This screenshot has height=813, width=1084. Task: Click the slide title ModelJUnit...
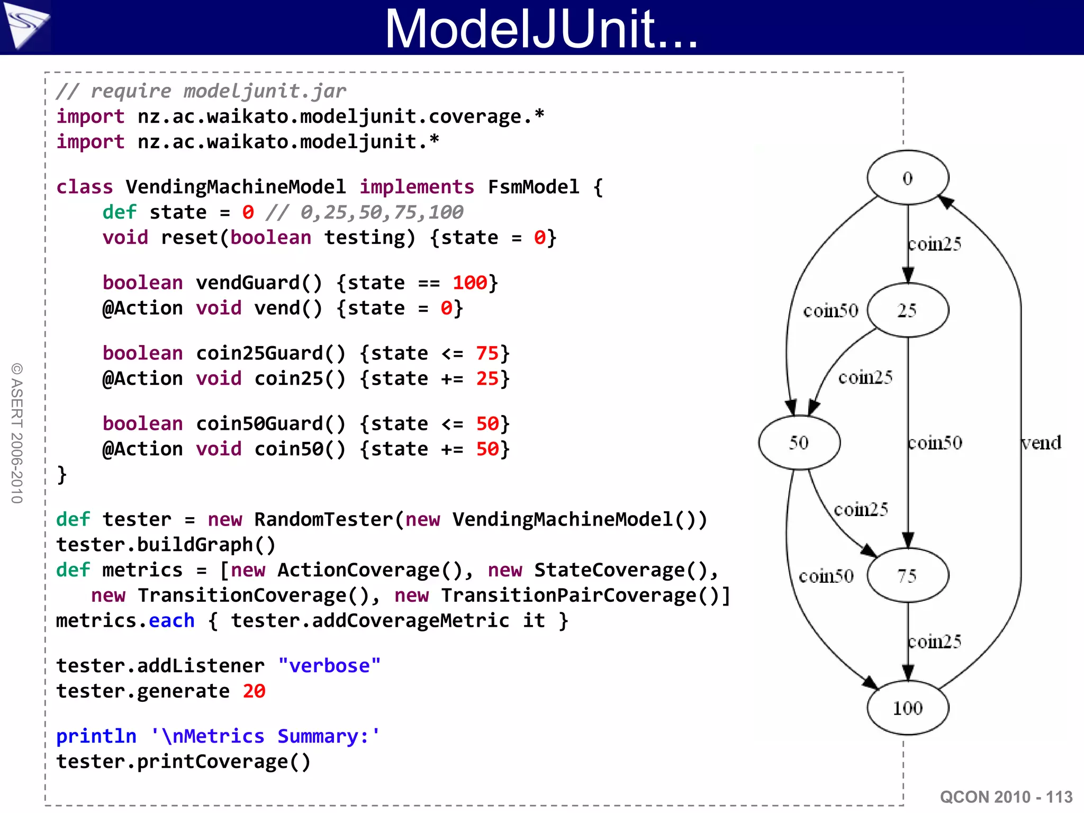[541, 29]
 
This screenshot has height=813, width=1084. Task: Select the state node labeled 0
[908, 178]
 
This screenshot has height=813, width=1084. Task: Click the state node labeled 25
[908, 310]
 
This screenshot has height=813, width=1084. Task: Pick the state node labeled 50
[799, 442]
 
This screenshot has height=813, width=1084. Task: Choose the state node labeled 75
[908, 575]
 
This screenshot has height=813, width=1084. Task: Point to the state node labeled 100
[908, 708]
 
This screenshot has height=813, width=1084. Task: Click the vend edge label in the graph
[1041, 442]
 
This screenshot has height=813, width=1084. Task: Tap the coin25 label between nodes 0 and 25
[935, 244]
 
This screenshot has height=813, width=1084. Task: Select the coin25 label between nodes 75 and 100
[935, 642]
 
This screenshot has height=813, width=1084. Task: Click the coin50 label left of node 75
[826, 576]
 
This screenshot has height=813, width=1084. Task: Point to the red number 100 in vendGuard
[469, 283]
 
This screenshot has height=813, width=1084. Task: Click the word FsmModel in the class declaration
[534, 187]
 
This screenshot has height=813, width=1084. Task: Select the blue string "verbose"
[329, 666]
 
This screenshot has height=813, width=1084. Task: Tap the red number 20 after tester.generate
[254, 691]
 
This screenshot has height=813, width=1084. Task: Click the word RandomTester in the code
[324, 519]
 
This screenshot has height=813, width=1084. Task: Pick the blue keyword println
[96, 736]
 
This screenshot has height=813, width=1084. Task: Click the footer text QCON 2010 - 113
[1006, 797]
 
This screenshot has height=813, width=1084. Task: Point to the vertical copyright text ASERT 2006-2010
[17, 433]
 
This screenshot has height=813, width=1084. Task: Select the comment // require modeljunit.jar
[201, 91]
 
